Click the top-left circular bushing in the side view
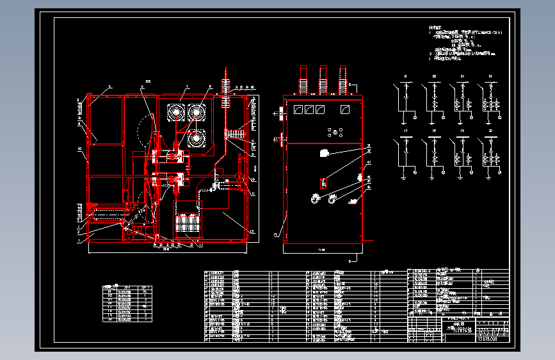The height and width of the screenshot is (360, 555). pyautogui.click(x=174, y=112)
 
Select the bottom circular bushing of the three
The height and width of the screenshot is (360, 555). pyautogui.click(x=195, y=139)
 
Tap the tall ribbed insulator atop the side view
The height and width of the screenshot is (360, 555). pyautogui.click(x=225, y=83)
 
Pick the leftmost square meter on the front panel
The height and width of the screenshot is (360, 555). pyautogui.click(x=296, y=110)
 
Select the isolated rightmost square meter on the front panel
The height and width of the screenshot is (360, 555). pyautogui.click(x=345, y=110)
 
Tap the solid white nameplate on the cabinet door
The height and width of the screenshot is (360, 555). pyautogui.click(x=323, y=153)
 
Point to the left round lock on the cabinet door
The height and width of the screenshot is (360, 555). pyautogui.click(x=315, y=199)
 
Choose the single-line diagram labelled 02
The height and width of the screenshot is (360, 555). pyautogui.click(x=435, y=99)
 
